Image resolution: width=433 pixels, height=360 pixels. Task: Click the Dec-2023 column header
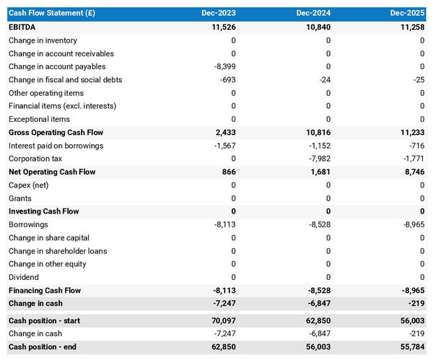[219, 14]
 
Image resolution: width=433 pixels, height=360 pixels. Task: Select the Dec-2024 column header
[313, 14]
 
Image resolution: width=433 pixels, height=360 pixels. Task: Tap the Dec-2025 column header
[408, 14]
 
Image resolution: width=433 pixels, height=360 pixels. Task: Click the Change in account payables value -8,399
[223, 66]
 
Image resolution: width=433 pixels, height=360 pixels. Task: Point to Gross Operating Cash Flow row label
[56, 133]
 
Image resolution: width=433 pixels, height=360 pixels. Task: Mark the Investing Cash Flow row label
[43, 211]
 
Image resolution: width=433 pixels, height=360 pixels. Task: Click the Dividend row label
[24, 277]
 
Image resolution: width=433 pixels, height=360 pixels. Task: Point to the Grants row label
[20, 198]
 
